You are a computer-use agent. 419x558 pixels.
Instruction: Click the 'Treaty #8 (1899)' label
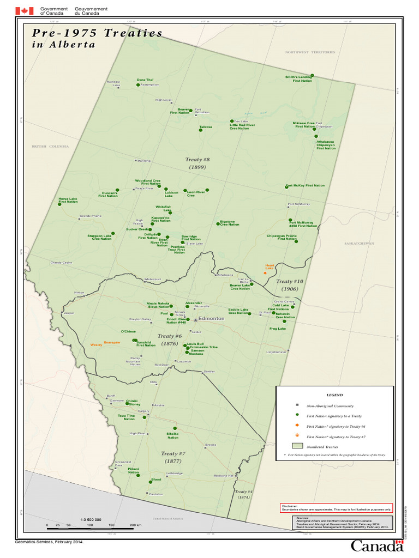pos(197,163)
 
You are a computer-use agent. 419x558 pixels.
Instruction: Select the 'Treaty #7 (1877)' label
pos(173,457)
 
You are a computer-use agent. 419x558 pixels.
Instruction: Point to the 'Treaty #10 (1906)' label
pos(286,285)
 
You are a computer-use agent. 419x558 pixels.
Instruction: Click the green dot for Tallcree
pos(201,130)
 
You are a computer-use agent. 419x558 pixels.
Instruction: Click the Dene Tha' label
pos(144,80)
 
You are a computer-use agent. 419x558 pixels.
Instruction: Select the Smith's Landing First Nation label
pos(298,79)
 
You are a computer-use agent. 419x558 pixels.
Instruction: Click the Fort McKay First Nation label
pos(306,185)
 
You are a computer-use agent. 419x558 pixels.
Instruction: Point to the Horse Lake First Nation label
pos(68,200)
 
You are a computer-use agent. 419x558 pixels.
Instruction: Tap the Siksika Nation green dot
pos(175,428)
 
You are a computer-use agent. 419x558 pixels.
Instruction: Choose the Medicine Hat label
pos(223,476)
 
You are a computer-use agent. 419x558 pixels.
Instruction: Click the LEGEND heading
pos(334,395)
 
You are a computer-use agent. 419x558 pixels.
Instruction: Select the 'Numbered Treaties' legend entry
pos(322,446)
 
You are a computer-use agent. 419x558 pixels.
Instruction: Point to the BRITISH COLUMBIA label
pos(50,147)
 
